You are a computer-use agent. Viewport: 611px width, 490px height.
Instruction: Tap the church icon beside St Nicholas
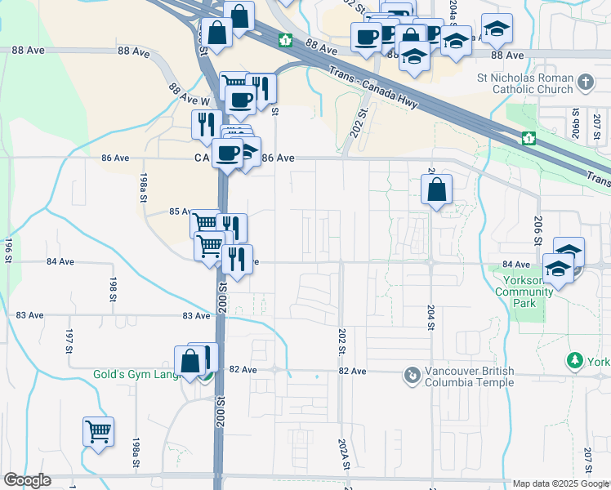coord(585,82)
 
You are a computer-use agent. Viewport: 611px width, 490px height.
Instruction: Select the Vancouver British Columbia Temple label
coord(469,376)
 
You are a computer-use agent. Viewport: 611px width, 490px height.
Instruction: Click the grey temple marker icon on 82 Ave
coord(413,376)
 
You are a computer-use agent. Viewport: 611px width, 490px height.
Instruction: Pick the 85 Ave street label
coord(180,212)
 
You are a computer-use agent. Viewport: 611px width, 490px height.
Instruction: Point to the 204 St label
coord(430,318)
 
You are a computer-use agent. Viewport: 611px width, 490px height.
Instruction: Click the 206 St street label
coord(537,232)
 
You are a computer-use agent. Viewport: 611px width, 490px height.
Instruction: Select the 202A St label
coord(343,454)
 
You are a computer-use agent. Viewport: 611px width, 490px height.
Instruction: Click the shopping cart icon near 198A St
coord(98,430)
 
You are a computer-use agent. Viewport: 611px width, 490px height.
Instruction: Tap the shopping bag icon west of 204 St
coord(437,189)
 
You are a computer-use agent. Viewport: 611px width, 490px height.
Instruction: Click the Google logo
coord(27,480)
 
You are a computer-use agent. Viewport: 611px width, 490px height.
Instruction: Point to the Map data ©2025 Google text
coord(560,483)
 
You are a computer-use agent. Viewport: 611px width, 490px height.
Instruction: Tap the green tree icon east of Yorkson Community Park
coord(576,360)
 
